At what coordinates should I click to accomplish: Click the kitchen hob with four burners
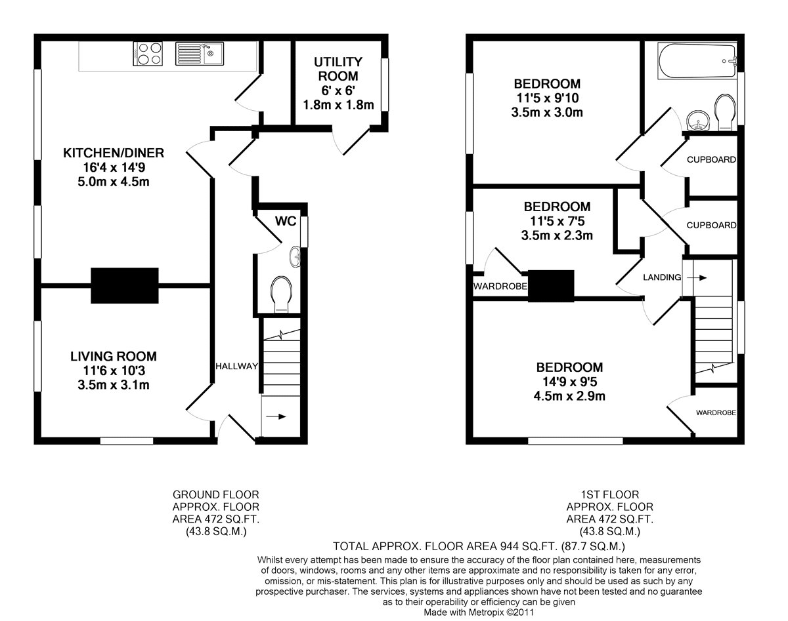148,54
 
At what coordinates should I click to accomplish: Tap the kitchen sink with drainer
199,54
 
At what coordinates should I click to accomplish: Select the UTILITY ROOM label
338,69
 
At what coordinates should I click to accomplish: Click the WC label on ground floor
286,221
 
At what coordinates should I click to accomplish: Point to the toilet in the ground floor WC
281,294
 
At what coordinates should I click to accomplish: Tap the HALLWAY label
236,366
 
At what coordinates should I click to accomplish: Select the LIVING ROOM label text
114,356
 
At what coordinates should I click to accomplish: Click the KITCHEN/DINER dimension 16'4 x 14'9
114,167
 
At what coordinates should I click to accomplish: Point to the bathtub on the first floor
697,61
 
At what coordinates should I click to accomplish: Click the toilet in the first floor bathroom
725,112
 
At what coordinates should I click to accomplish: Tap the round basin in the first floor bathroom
698,121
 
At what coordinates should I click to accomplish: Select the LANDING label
662,277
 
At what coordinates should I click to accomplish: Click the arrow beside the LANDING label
697,278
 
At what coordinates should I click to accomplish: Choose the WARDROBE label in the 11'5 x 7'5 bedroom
500,286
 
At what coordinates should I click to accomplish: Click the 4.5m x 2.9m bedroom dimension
569,396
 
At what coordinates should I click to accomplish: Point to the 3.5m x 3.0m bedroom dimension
547,112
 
